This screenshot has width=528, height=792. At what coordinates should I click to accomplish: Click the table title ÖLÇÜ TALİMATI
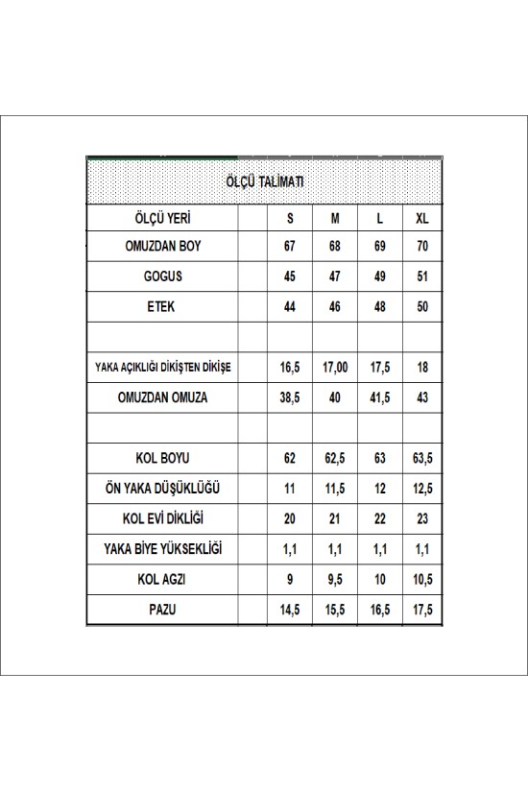coord(266,180)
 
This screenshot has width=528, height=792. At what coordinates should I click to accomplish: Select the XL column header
coord(422,218)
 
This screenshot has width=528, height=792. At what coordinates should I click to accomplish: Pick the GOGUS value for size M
coord(335,276)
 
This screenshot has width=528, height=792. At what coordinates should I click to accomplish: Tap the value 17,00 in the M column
coord(335,368)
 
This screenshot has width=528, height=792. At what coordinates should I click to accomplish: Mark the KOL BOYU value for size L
coord(379,460)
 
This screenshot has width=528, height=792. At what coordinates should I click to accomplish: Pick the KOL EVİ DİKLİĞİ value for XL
coord(422,519)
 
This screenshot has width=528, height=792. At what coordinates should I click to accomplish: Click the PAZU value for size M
coord(335,610)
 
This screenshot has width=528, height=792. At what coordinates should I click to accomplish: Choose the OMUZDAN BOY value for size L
coord(379,246)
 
